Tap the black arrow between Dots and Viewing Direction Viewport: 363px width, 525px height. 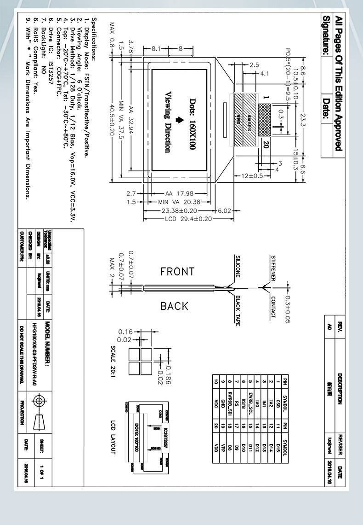[180, 121]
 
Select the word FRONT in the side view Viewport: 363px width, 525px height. [177, 272]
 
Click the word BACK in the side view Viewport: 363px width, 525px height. [174, 306]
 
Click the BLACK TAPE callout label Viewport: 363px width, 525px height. [238, 311]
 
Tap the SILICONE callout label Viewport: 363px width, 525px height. [238, 266]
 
